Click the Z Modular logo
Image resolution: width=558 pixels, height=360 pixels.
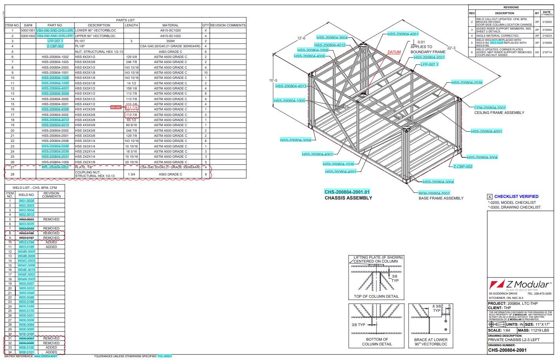coord(520,285)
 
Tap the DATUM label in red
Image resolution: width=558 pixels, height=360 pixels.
coord(394,52)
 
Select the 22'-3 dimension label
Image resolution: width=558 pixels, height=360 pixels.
coord(451,48)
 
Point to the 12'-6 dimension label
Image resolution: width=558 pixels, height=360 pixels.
coord(301,38)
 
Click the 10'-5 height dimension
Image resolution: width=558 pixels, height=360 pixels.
coord(273,80)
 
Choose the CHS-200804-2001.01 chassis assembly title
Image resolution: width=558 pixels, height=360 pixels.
coord(347,192)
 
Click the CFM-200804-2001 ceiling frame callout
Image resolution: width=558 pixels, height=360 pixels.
coord(490,108)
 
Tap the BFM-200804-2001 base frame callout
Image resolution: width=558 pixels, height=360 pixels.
coord(434,193)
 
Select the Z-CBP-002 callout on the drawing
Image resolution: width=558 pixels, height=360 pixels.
coord(463,167)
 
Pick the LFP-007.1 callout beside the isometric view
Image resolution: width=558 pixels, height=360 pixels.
coord(429,64)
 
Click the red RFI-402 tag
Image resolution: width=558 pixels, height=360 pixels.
coord(116,107)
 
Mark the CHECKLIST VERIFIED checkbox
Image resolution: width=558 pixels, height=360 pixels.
coord(490,196)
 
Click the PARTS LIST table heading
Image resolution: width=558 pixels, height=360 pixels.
coord(125,20)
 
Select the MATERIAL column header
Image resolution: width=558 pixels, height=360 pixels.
coord(170,25)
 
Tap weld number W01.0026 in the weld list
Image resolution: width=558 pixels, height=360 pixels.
coord(27,201)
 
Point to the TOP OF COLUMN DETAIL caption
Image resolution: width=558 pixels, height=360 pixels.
coord(376,296)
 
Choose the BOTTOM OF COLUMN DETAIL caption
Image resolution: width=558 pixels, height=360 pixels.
coord(377,341)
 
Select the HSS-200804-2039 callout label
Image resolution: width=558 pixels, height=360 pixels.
coord(467,82)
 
